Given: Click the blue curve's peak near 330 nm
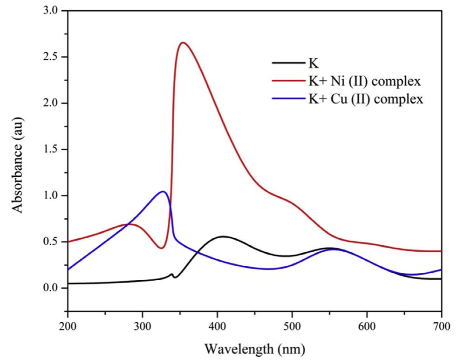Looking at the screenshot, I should [x=163, y=191].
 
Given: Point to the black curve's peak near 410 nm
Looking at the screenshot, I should [x=224, y=236].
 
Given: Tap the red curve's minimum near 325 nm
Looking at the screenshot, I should [x=161, y=248].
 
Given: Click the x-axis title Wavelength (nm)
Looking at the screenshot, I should [x=254, y=348].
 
